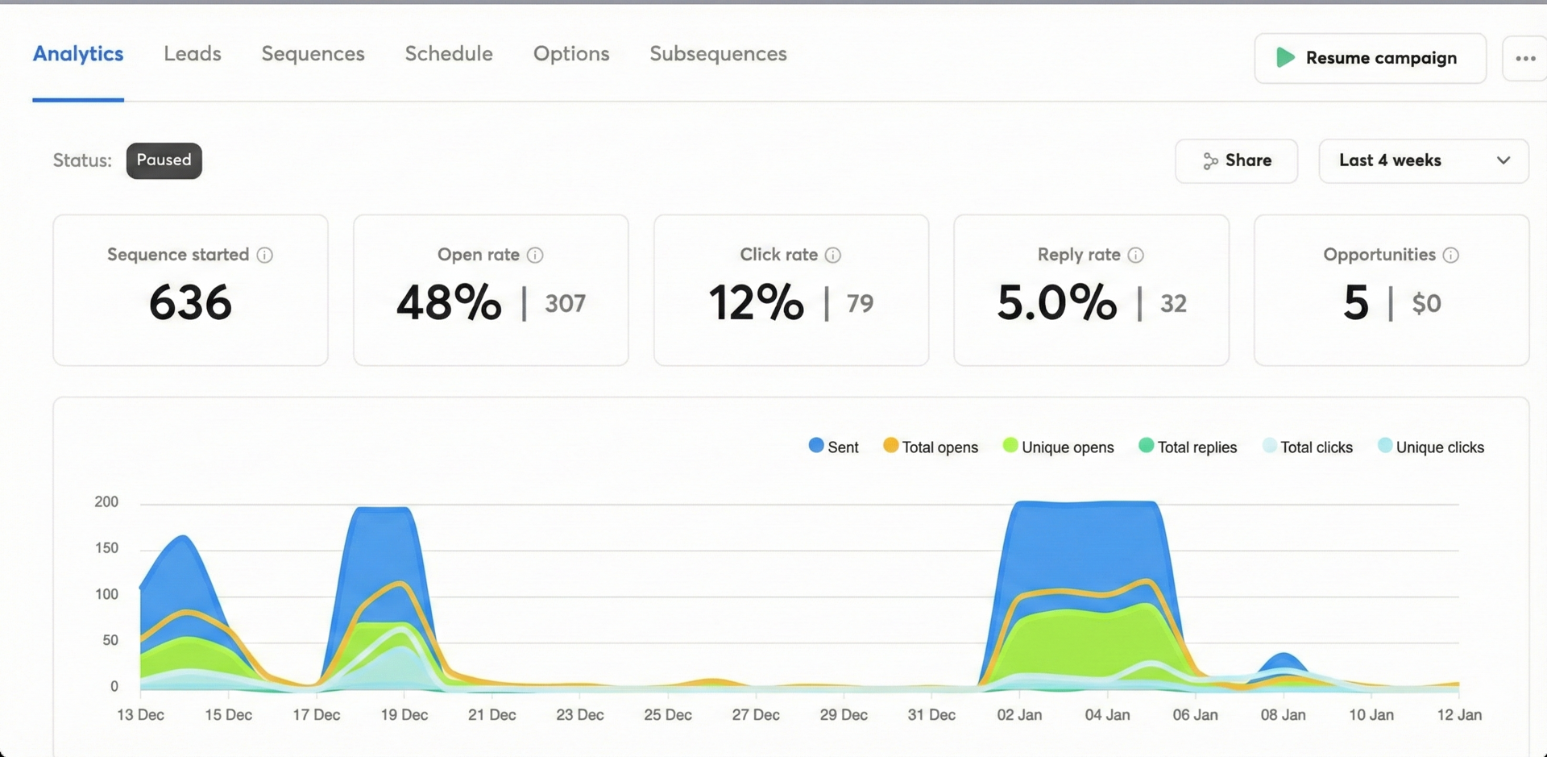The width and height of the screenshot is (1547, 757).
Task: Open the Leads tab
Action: (192, 54)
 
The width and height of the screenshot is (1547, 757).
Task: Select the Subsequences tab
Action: (718, 54)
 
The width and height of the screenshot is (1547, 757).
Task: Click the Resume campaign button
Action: (1370, 58)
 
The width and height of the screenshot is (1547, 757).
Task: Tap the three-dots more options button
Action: (1524, 58)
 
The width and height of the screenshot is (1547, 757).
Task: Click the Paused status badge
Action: (164, 160)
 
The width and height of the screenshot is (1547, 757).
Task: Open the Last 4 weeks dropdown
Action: (1423, 160)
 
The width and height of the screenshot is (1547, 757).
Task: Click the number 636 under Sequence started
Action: (190, 302)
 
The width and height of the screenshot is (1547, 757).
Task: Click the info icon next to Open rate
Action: (535, 256)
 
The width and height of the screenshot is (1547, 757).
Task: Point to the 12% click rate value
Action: (756, 302)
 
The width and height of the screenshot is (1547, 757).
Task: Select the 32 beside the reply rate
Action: (1173, 303)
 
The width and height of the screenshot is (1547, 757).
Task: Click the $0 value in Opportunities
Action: (1426, 303)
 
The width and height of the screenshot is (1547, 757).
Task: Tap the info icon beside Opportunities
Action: (1450, 256)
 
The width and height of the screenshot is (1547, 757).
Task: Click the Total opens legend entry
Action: (931, 447)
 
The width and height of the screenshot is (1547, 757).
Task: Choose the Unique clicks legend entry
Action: (1431, 447)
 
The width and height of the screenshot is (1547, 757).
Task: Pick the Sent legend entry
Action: (834, 447)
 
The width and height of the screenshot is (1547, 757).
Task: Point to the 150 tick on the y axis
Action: (106, 548)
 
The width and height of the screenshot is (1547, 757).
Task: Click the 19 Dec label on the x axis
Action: (404, 715)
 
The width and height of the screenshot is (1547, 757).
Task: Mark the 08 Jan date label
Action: (1283, 715)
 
